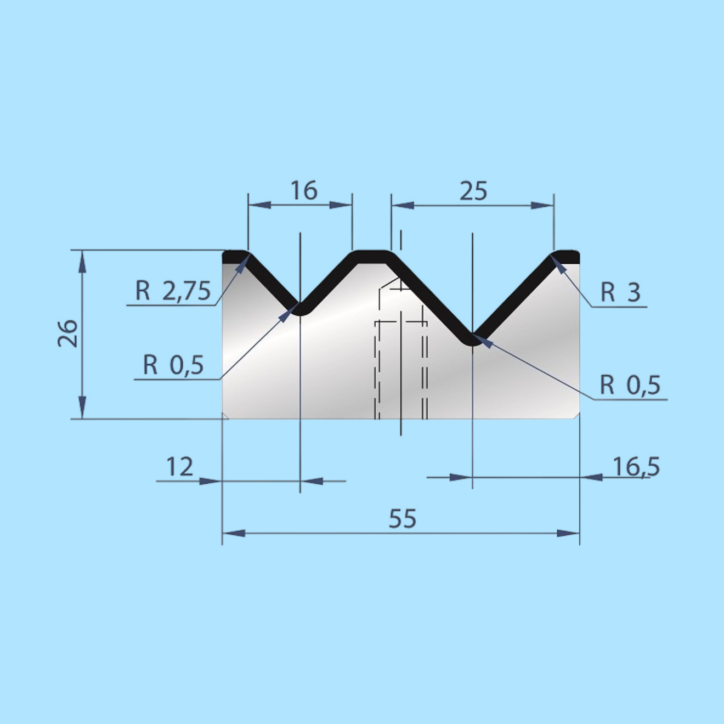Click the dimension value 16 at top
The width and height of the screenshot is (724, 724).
coord(304,190)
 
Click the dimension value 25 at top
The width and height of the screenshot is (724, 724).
coord(473,191)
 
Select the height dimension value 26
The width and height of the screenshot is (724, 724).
coord(68,333)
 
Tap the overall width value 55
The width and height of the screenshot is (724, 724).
coord(403,518)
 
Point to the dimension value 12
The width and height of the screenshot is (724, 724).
coord(179,467)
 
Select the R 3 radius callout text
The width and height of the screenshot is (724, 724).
coord(620,292)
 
